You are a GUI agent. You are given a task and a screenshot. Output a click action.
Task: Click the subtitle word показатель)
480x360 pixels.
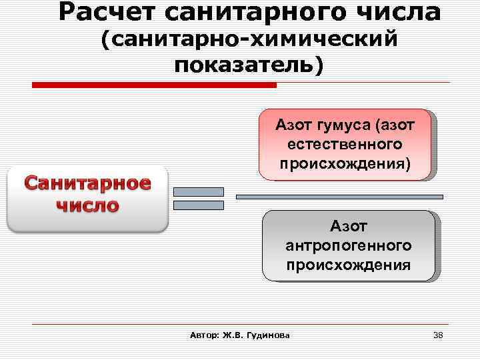(x=249, y=65)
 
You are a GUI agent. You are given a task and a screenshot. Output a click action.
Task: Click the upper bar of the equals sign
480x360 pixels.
(x=198, y=192)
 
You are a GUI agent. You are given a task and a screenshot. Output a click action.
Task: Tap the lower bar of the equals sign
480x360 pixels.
(x=198, y=205)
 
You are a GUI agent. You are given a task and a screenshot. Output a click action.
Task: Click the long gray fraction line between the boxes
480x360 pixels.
(x=340, y=197)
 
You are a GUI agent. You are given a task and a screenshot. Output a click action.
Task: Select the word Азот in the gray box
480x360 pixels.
(x=348, y=227)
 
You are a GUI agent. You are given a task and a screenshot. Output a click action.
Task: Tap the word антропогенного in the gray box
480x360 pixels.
(x=348, y=246)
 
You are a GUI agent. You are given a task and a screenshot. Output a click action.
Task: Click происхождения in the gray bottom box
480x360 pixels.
(x=348, y=265)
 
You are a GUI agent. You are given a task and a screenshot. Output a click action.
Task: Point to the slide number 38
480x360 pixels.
(x=438, y=335)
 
